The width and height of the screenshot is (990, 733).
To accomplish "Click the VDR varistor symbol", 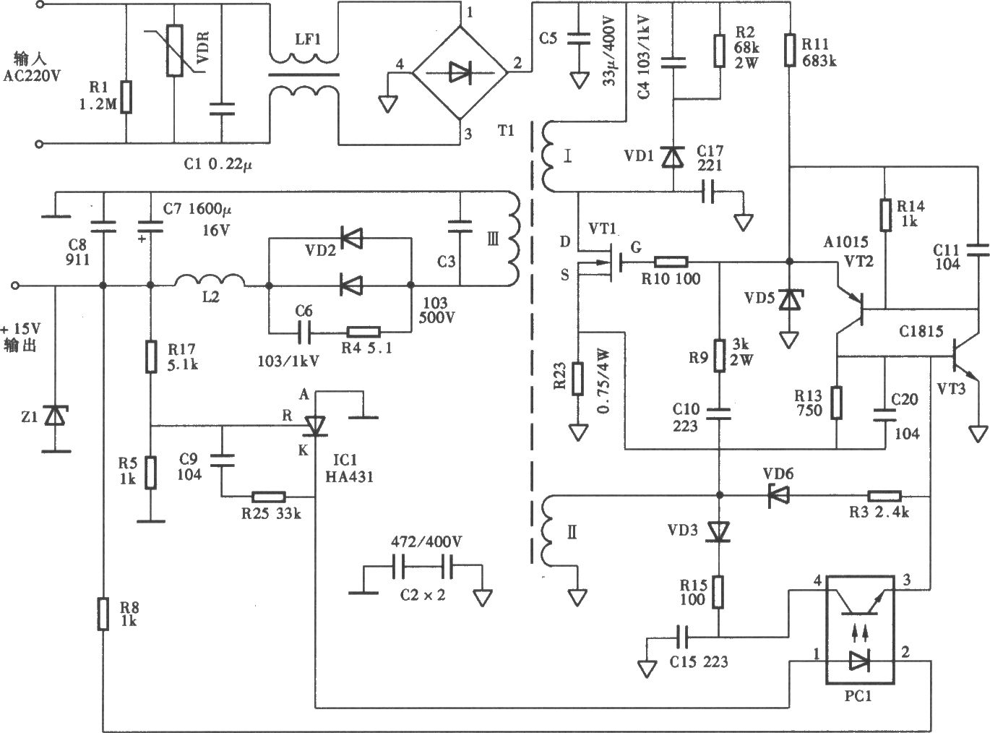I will tap(174, 51).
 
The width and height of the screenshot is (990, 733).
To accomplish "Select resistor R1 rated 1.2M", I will tap(126, 97).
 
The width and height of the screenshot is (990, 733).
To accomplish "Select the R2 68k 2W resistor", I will tap(719, 50).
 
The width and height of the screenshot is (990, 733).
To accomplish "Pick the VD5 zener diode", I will tap(789, 301).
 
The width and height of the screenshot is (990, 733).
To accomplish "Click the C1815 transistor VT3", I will tap(962, 357).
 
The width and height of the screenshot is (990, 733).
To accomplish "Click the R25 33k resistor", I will tap(268, 497).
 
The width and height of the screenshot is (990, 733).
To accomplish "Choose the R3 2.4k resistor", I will tap(884, 496).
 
